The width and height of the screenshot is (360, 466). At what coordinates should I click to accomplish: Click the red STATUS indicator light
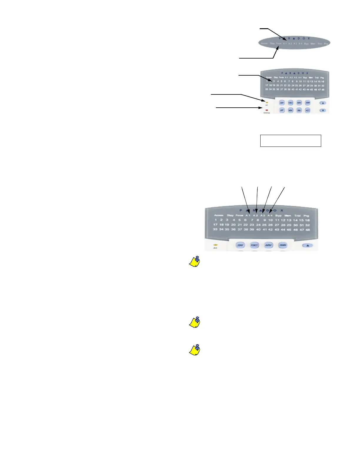tap(266, 110)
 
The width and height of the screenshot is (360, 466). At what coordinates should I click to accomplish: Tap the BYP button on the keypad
tap(282, 110)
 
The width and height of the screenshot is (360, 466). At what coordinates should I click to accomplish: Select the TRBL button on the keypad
tap(299, 110)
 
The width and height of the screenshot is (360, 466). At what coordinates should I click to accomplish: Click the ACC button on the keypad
tap(308, 110)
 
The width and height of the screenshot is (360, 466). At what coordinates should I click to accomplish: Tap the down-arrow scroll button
tap(323, 111)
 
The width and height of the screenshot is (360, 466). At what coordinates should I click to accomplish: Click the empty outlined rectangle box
tap(291, 141)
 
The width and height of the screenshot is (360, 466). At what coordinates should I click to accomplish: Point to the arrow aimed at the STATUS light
tap(238, 108)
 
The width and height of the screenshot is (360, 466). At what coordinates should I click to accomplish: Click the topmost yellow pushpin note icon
tap(194, 262)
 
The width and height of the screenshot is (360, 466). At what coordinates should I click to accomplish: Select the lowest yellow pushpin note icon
tap(194, 350)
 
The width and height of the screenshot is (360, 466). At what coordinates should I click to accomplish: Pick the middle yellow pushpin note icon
tap(194, 322)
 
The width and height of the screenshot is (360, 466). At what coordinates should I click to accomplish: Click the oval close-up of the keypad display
tap(294, 42)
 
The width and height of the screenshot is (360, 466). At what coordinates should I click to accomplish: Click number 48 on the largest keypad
tap(308, 229)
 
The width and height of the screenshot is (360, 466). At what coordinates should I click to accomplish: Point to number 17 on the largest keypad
tap(215, 225)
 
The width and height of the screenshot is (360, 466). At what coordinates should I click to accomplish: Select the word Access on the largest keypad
tap(219, 215)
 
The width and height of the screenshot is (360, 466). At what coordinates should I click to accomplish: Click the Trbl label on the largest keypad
tap(297, 216)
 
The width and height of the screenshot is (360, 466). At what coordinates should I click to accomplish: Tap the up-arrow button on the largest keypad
tap(308, 245)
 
